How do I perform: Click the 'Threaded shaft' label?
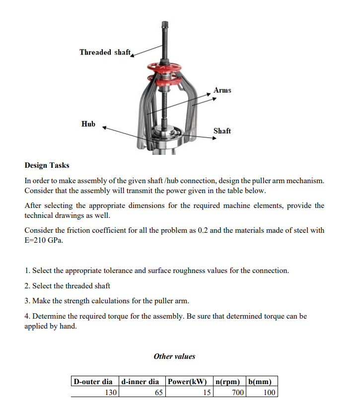click(x=105, y=52)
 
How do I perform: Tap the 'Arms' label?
click(x=222, y=90)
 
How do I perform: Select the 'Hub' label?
click(x=88, y=124)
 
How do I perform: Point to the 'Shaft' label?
click(x=222, y=131)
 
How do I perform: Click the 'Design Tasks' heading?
click(x=47, y=165)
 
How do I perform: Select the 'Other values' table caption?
click(x=174, y=356)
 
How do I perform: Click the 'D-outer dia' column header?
click(x=93, y=382)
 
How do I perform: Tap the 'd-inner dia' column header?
click(x=140, y=382)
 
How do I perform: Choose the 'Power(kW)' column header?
click(x=187, y=382)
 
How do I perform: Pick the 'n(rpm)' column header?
click(x=228, y=382)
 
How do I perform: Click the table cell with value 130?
click(x=110, y=393)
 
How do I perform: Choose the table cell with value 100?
click(x=269, y=393)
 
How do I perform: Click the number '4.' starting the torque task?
click(x=27, y=316)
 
